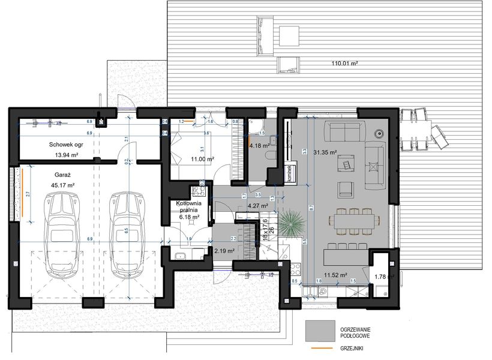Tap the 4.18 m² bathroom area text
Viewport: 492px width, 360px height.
pyautogui.click(x=260, y=145)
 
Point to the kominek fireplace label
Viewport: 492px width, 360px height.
pyautogui.click(x=289, y=173)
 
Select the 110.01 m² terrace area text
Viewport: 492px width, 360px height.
pyautogui.click(x=344, y=63)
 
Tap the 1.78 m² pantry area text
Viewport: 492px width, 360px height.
pyautogui.click(x=382, y=277)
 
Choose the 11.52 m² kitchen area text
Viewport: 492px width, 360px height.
pyautogui.click(x=336, y=275)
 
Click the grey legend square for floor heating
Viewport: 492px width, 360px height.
pyautogui.click(x=319, y=329)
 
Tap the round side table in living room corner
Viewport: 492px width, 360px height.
pyautogui.click(x=378, y=133)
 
